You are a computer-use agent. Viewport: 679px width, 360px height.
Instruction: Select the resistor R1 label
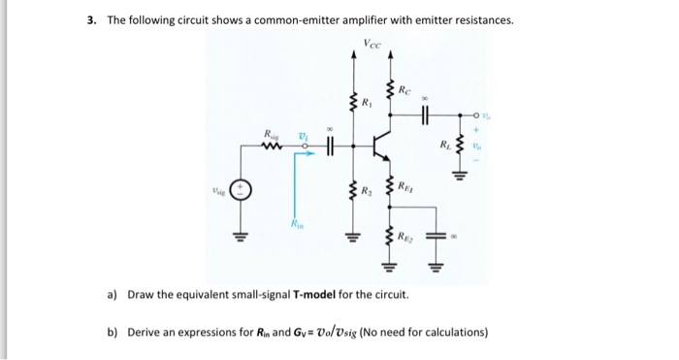tap(366, 102)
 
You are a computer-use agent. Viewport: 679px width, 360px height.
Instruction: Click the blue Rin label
tap(296, 226)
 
